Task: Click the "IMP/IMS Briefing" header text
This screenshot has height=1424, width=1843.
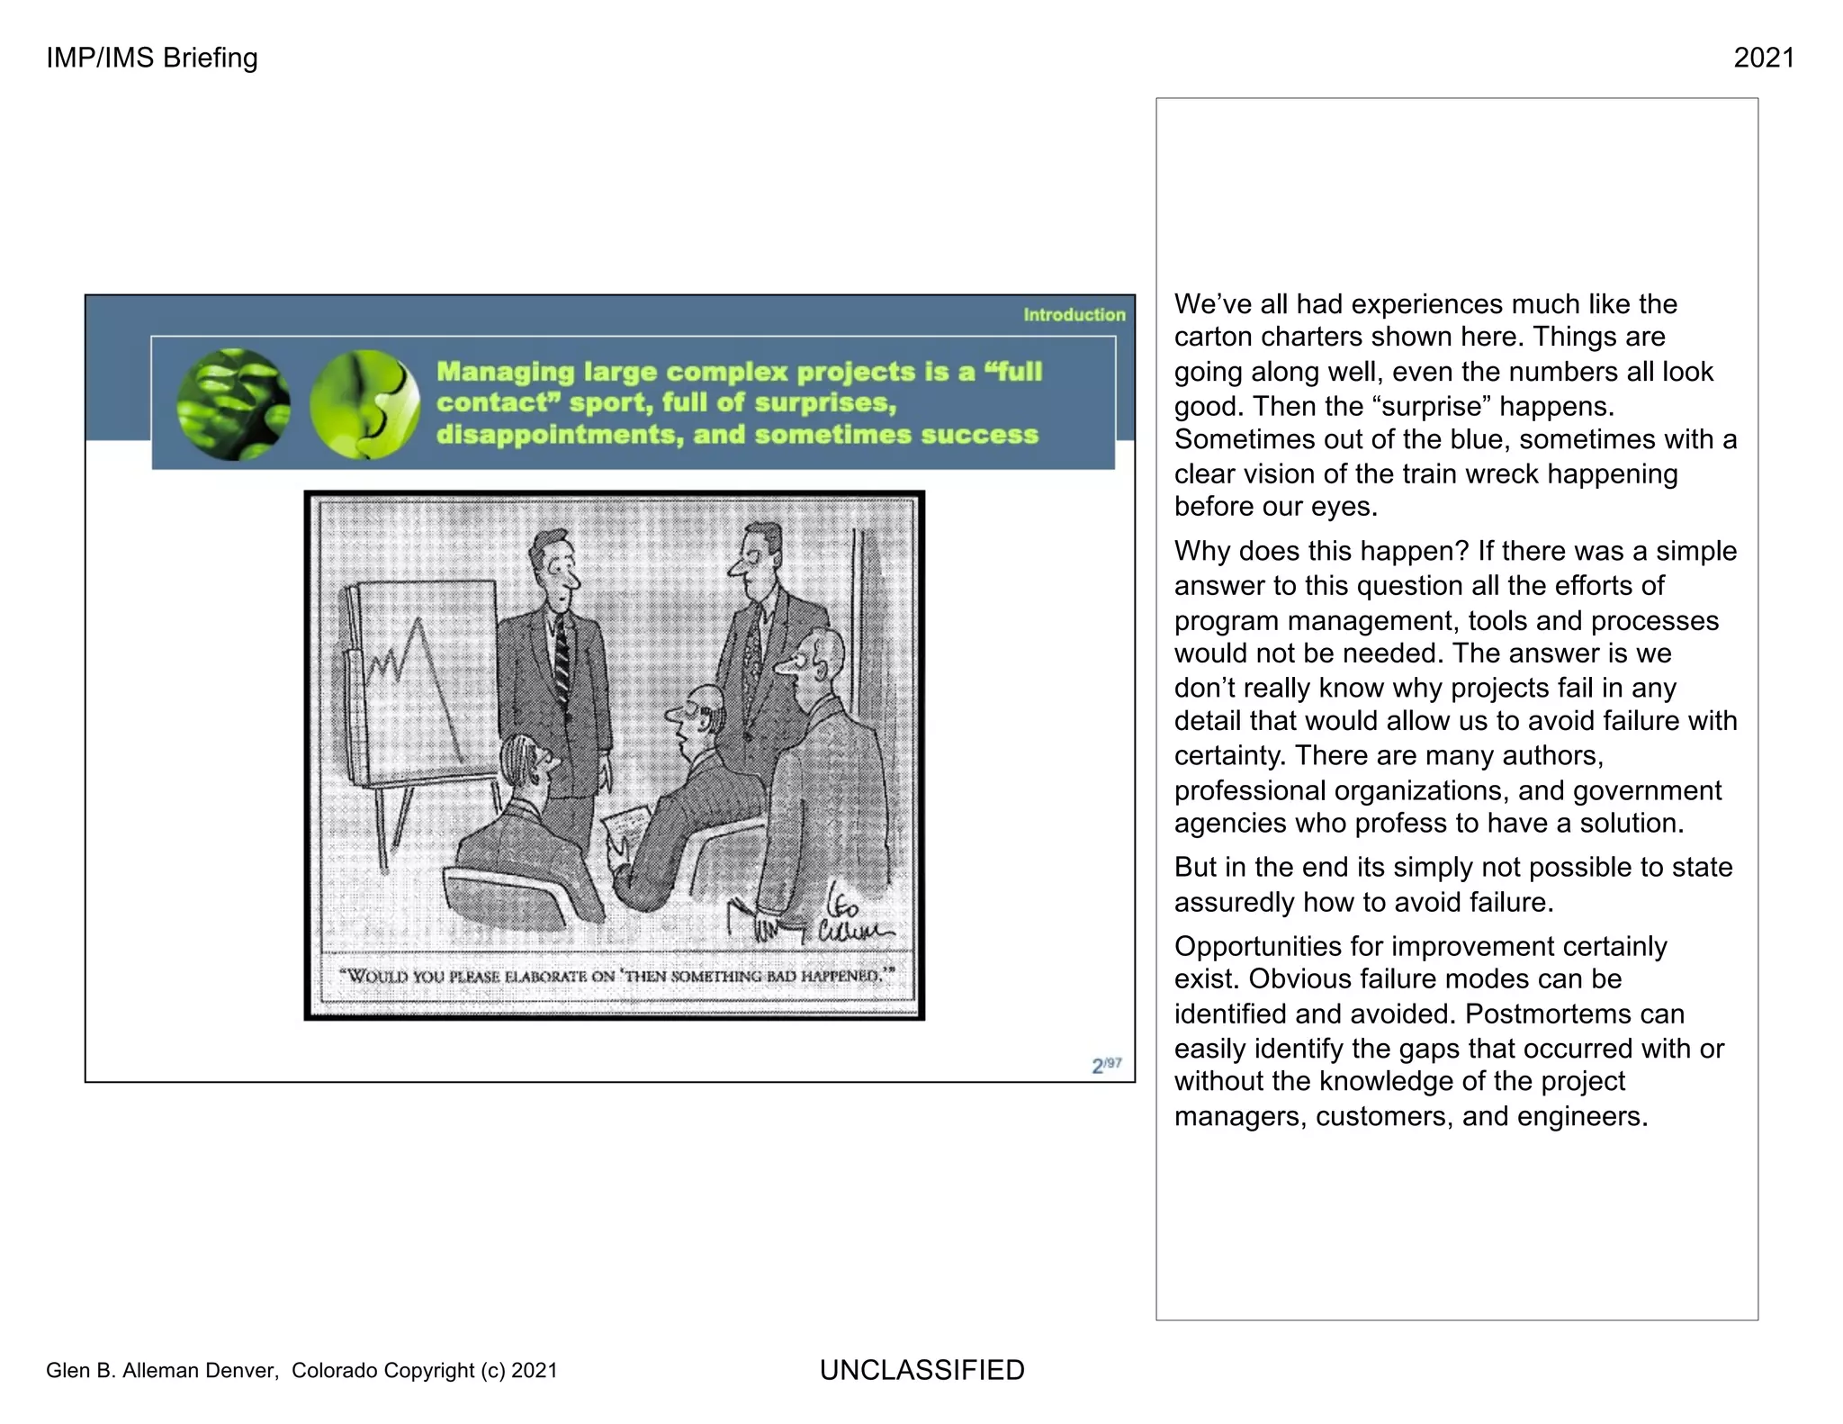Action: pos(151,58)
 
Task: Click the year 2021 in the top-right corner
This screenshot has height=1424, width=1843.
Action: pos(1763,58)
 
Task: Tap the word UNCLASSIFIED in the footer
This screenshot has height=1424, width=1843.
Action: pos(921,1369)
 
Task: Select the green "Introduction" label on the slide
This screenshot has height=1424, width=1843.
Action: pos(1074,315)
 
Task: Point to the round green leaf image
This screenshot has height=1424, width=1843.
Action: pos(234,405)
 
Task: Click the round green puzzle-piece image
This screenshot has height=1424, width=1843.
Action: pos(364,405)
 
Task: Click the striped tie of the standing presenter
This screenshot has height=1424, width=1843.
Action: pos(561,662)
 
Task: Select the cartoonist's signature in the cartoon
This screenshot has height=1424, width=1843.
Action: pos(850,914)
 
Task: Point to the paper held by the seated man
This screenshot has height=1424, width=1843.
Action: pos(625,821)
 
